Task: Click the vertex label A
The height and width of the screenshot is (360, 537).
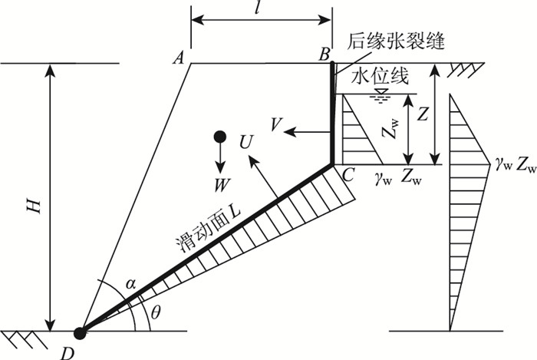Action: coord(179,56)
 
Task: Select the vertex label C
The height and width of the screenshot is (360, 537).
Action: coord(347,175)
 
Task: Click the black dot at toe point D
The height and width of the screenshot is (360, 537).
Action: coord(80,332)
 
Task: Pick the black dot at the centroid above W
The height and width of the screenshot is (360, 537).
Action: coord(219,137)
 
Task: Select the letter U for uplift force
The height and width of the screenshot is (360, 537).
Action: coord(245,142)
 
